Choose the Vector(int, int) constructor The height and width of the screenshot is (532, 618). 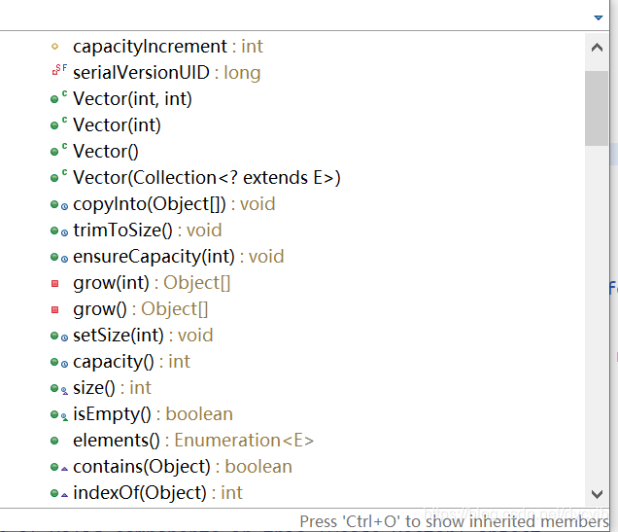point(132,98)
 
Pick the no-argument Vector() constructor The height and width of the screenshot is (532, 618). point(106,151)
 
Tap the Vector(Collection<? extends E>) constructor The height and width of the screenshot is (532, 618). point(206,177)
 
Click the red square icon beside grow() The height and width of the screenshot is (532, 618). point(55,309)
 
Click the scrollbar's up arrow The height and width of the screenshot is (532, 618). point(597,47)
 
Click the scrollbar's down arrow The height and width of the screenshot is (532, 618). point(597,493)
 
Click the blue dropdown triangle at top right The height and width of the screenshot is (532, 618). point(599,18)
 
